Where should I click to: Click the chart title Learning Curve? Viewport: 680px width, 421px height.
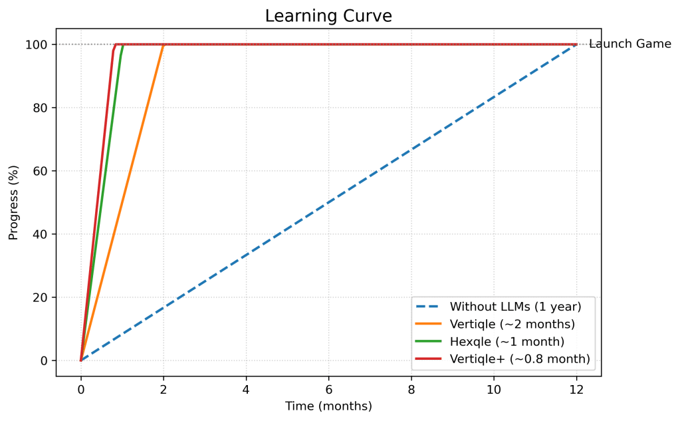(x=328, y=15)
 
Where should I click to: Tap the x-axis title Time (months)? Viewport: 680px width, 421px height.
(x=328, y=406)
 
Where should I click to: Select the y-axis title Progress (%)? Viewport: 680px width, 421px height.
(x=13, y=202)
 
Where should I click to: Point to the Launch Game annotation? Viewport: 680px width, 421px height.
(x=629, y=45)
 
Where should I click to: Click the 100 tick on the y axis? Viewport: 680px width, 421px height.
(x=37, y=45)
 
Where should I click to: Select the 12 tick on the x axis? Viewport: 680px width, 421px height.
(x=576, y=388)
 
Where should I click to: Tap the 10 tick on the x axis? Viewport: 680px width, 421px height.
(x=494, y=388)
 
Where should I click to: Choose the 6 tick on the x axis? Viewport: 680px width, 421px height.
(x=328, y=388)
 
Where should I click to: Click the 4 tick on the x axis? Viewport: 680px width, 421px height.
(x=246, y=388)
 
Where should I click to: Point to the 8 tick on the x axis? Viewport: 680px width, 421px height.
(x=411, y=388)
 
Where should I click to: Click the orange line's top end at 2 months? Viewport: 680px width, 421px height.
(x=163, y=46)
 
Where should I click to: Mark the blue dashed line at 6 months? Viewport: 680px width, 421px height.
(x=328, y=202)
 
